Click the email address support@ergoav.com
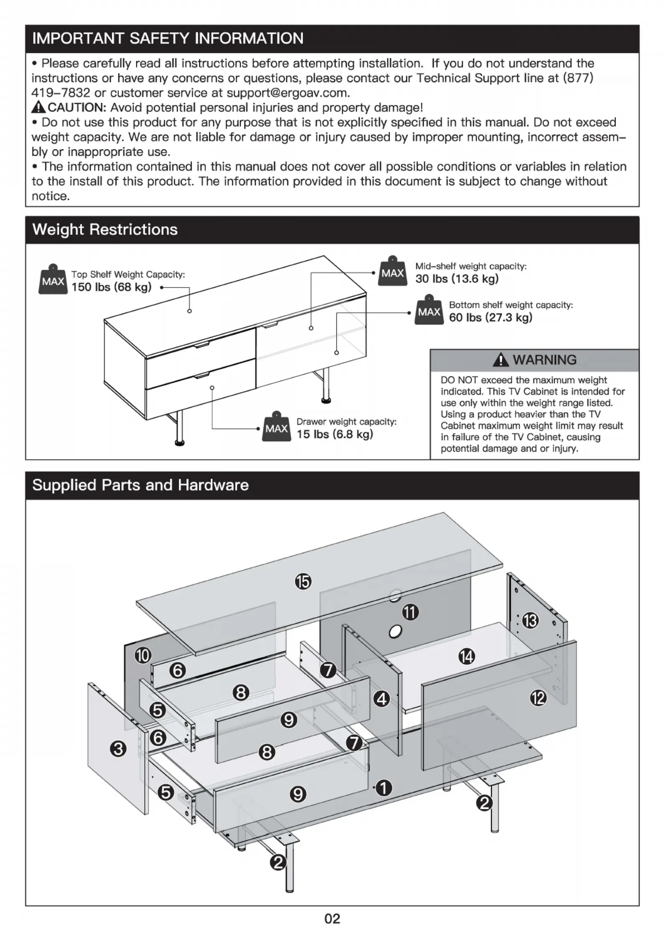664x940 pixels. (x=288, y=93)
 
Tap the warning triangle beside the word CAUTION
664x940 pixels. (x=38, y=107)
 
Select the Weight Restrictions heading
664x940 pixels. (x=105, y=229)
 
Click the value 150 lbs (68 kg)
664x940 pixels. (x=111, y=287)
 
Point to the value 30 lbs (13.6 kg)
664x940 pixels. (x=457, y=279)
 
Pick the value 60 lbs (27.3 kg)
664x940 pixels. (x=491, y=317)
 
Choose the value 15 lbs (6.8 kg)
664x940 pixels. (x=335, y=434)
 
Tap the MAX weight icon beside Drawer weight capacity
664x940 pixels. (x=276, y=427)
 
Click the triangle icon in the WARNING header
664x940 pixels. (x=500, y=360)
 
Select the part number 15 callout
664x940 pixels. (x=303, y=582)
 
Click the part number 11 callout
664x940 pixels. (x=410, y=613)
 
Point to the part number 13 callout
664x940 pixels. (x=531, y=620)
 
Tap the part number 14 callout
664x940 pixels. (x=467, y=656)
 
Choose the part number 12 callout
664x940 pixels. (x=538, y=698)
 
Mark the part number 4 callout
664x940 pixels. (x=381, y=698)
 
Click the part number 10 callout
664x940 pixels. (x=143, y=655)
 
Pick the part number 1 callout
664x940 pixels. (x=384, y=788)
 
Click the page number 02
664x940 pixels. (x=332, y=919)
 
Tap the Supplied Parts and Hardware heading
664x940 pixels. (x=141, y=485)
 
